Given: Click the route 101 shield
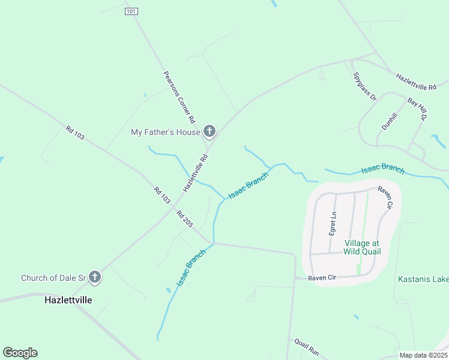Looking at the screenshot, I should [x=132, y=11].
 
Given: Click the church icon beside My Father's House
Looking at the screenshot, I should [x=209, y=131].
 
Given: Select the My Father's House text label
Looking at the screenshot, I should [x=165, y=132].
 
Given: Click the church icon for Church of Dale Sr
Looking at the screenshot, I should [x=94, y=277].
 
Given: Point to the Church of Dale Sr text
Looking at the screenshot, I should [x=53, y=278].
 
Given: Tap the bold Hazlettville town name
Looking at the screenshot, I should [x=68, y=299].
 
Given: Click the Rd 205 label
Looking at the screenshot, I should [x=185, y=220].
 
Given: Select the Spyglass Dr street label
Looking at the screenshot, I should [x=364, y=86].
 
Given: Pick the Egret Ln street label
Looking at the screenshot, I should [x=332, y=223].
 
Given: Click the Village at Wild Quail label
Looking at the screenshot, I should [x=362, y=247].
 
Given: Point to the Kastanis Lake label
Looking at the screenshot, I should [x=423, y=279].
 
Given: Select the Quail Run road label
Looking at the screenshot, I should [x=306, y=346].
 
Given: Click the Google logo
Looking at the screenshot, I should [x=20, y=353].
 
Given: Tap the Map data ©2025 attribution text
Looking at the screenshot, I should [x=424, y=355].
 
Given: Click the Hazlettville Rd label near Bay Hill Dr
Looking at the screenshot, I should [x=415, y=82].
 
